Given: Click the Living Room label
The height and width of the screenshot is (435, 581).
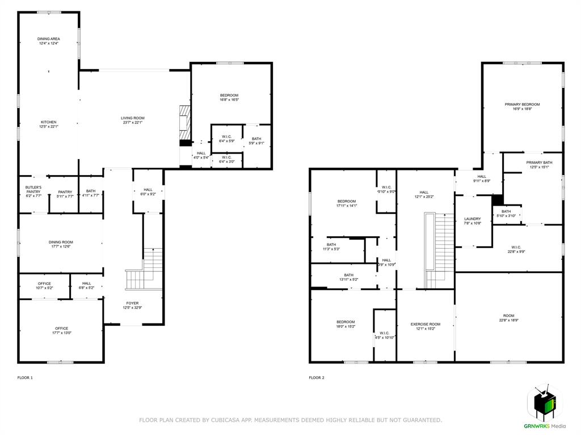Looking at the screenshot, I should tap(133, 118).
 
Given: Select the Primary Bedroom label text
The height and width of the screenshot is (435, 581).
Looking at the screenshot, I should tap(522, 104).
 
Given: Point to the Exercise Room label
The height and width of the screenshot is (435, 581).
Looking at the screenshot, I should tap(426, 324).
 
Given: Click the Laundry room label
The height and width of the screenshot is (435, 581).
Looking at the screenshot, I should tap(472, 219).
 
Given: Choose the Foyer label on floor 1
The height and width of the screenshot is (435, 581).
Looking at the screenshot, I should tap(132, 303).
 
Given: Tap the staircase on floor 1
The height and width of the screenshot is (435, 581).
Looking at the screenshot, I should tap(145, 271).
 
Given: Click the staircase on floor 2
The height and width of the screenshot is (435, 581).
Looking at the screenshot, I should tap(440, 249).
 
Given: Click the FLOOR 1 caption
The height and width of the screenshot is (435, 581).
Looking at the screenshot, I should tap(25, 378).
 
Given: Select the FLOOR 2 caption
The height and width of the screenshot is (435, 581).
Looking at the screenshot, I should tap(317, 378).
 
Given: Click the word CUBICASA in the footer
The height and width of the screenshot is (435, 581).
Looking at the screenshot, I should tap(223, 420).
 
